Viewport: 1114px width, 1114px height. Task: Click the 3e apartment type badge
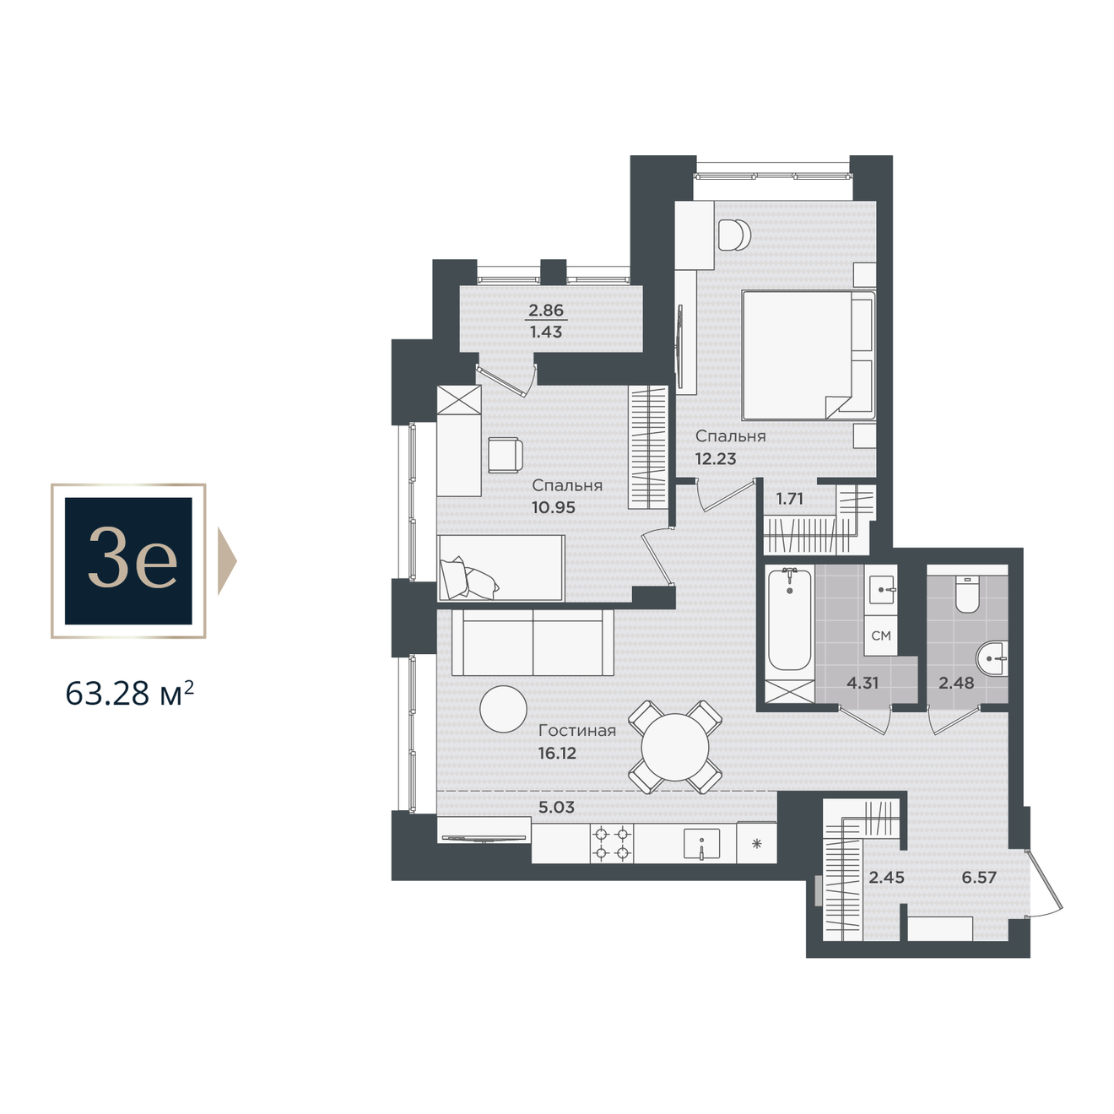(128, 560)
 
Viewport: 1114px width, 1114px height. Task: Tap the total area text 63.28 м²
(129, 694)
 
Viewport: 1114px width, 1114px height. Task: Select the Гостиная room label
(576, 731)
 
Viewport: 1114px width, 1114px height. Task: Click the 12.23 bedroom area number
(715, 459)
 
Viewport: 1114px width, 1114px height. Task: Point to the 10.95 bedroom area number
(554, 507)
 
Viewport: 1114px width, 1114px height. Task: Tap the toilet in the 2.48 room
(966, 593)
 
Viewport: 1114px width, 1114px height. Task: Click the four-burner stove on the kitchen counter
(612, 843)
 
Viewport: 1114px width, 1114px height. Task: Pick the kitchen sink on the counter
(702, 844)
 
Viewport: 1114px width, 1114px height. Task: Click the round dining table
(675, 748)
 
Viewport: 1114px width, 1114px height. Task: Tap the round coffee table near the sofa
(503, 709)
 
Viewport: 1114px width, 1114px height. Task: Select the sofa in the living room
(533, 642)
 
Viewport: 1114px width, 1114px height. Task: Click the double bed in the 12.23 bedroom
(808, 355)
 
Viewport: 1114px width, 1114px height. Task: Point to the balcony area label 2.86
(546, 311)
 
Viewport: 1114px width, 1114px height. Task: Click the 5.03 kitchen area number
(556, 807)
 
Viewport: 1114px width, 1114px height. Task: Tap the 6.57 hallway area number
(979, 877)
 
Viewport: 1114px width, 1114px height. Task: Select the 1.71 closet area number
(789, 498)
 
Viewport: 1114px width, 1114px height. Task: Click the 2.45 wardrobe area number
(886, 877)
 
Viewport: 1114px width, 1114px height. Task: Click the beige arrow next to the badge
(227, 560)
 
